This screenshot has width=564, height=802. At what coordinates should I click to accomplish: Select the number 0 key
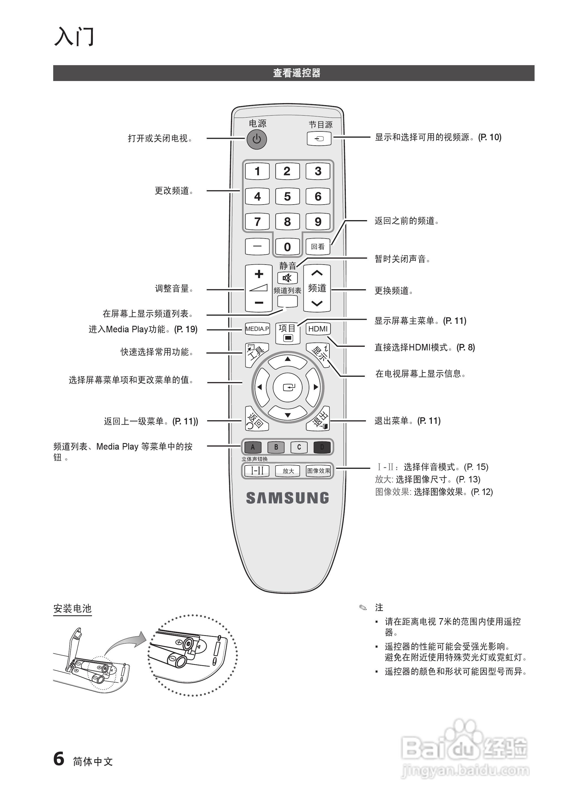tap(287, 247)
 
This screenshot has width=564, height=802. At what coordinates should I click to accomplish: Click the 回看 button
tap(318, 247)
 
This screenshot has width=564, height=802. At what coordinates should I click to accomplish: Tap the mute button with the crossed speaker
tap(287, 278)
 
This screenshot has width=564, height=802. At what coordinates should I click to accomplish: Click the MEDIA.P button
tap(257, 329)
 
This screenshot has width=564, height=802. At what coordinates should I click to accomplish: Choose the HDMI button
tap(318, 329)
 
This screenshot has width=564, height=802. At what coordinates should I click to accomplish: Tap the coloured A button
tap(253, 447)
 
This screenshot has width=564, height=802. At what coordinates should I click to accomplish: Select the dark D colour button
tap(322, 447)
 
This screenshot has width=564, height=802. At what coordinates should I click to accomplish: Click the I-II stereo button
tap(257, 471)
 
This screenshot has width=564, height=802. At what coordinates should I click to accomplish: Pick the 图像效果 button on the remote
tap(318, 471)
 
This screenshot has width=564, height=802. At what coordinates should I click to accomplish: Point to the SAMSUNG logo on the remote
tap(288, 498)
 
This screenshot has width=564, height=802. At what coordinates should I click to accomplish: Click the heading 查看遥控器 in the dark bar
tap(296, 73)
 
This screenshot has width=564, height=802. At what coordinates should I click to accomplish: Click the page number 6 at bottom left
tap(59, 759)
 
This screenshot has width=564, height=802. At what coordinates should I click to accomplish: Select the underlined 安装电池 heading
tap(72, 609)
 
